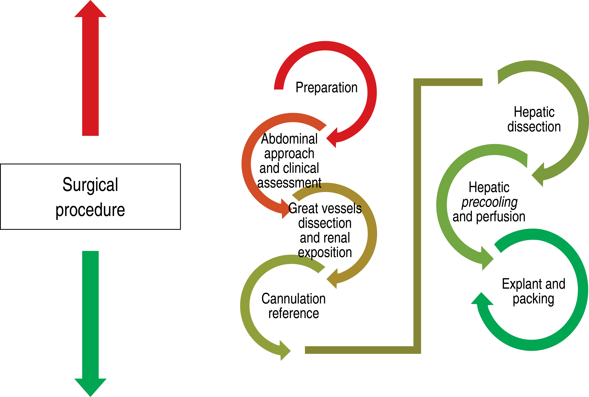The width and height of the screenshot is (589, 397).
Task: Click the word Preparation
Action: (x=327, y=88)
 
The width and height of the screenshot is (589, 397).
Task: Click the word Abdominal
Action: (x=289, y=139)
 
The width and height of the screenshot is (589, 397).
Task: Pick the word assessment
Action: (x=289, y=182)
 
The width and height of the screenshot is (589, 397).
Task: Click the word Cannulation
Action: (x=293, y=299)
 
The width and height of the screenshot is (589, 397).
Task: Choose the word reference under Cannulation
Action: (x=293, y=313)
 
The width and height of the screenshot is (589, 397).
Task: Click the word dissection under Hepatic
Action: (x=534, y=127)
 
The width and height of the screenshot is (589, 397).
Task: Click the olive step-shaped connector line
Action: (x=417, y=215)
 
